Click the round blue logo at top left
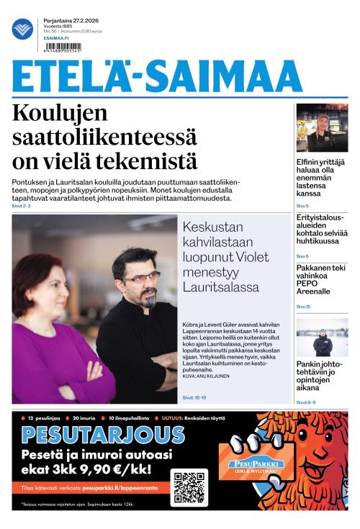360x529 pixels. point(22,29)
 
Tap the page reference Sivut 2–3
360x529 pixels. point(22,206)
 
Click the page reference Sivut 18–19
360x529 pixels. point(194,397)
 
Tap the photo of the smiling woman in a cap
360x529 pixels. point(322,127)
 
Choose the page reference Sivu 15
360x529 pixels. point(303,307)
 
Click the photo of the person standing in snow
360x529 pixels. point(322,337)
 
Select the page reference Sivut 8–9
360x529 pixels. point(306,402)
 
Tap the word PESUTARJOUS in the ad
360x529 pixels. point(103,435)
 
